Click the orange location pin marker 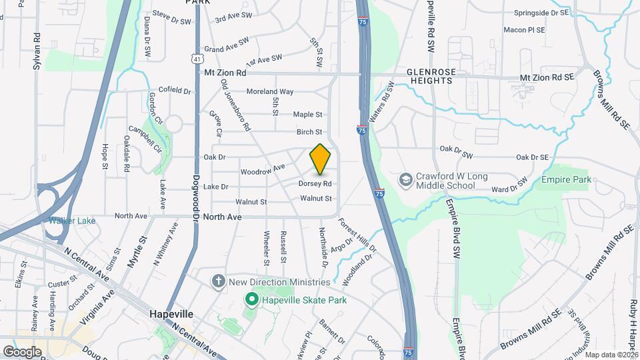tap(321, 159)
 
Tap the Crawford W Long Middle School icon tap(405, 180)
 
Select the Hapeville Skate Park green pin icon tap(251, 300)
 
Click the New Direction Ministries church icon tap(218, 281)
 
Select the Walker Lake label tap(69, 220)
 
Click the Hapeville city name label tap(171, 314)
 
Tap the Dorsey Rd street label tap(315, 183)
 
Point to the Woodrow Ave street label tap(263, 170)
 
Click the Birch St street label tap(309, 132)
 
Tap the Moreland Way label tap(270, 91)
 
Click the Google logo tap(22, 351)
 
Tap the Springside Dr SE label tap(541, 13)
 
